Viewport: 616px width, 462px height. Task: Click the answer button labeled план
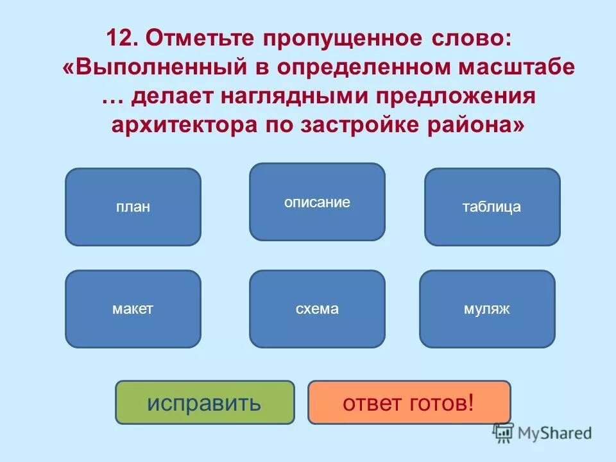133,207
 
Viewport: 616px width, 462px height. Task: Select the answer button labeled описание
317,202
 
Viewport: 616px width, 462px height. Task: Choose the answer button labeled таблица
492,207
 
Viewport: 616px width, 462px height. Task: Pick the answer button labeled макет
133,309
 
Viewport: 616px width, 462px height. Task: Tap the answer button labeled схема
317,309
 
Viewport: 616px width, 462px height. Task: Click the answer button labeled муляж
486,309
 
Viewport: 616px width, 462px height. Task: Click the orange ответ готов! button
409,402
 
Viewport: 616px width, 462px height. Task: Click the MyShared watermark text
556,433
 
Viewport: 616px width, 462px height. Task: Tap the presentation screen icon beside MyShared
503,433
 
